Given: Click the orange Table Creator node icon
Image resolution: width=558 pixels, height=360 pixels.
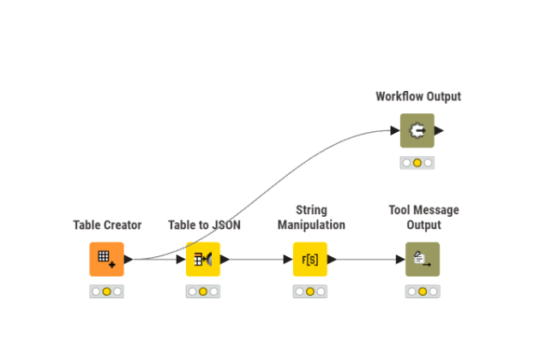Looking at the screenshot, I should pos(106,259).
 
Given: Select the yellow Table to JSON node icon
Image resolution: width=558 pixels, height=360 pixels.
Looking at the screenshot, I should pos(203,259).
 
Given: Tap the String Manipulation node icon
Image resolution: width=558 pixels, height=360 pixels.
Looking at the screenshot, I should pos(310,259).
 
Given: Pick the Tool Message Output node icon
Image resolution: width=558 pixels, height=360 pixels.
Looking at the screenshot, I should pos(422,259).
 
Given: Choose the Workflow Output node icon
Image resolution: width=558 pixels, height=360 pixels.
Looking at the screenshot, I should pos(417,130).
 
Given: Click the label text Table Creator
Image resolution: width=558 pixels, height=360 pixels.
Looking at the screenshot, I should pos(107,225).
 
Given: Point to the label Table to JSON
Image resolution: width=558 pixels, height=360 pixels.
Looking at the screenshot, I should pos(204,225).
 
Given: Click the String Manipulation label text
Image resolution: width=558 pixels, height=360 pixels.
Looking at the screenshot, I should pos(311,218).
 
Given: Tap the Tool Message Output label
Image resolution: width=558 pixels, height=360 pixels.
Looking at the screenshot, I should pos(423,218).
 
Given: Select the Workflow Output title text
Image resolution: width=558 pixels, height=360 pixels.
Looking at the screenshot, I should pos(417,97).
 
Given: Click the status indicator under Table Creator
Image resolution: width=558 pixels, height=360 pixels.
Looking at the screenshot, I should pos(106,291).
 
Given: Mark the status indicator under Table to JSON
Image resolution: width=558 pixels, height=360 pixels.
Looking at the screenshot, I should pos(203,291).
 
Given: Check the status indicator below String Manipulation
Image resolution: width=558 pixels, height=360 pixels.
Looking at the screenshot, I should pos(310,291).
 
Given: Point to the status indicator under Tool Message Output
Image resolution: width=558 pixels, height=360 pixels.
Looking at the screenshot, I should pos(422,291).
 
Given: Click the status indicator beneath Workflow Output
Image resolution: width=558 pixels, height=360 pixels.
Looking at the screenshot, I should pos(417,163).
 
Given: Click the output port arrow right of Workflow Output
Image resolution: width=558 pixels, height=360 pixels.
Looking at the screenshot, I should pos(439,130).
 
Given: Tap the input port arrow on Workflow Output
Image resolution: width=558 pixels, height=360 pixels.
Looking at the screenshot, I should pos(395,130).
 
